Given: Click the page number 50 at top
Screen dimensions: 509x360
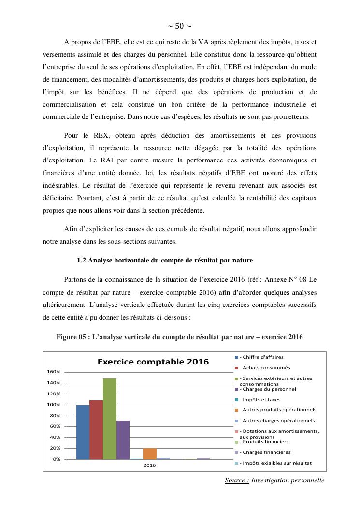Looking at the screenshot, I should (179, 26).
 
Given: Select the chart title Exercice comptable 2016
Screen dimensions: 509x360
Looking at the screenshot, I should (153, 362).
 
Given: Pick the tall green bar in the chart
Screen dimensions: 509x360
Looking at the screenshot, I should (110, 419).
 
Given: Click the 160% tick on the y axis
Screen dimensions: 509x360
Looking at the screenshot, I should (53, 372).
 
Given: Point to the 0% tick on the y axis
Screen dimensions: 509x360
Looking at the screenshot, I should (56, 459).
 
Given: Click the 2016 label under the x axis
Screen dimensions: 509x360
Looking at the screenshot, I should (150, 465).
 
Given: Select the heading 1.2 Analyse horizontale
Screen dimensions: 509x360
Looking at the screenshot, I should (165, 260).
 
